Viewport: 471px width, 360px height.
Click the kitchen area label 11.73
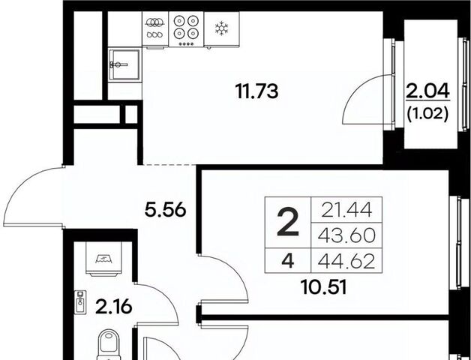click(256, 91)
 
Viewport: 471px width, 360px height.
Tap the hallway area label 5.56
click(166, 210)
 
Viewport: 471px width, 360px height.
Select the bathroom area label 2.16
click(113, 307)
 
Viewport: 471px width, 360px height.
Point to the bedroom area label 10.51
click(324, 287)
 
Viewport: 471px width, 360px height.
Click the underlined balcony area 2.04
click(427, 91)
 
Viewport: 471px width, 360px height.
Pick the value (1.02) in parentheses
click(427, 114)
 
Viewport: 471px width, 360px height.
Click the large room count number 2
click(288, 222)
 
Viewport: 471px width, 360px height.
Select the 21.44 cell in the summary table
click(346, 209)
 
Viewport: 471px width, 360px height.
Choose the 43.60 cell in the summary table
click(346, 235)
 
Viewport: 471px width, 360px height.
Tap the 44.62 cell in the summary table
click(346, 260)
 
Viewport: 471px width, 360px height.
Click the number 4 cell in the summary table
click(288, 260)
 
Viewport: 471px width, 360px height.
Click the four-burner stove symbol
click(186, 29)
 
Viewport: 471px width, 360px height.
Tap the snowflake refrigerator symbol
click(222, 28)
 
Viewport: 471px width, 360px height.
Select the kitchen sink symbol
click(124, 65)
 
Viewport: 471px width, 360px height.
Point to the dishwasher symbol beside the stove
click(155, 29)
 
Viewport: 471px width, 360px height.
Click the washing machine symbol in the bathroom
click(103, 259)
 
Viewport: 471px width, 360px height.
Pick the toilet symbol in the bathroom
click(109, 345)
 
